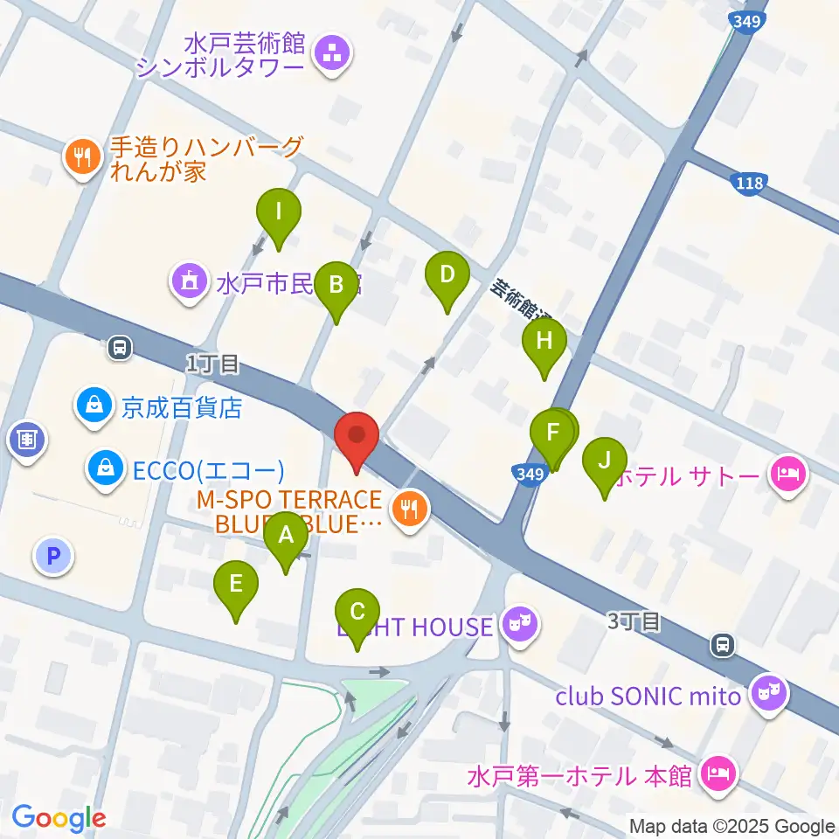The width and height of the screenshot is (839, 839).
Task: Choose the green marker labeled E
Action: [235, 585]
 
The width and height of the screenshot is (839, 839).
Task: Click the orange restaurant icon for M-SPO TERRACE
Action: [408, 506]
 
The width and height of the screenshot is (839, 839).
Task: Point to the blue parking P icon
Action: [53, 555]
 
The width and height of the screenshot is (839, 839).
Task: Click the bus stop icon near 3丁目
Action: [723, 645]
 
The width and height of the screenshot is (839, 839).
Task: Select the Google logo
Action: [59, 818]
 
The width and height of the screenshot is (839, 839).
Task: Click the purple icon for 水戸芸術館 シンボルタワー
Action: [332, 54]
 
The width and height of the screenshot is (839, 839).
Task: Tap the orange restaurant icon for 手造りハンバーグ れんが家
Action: [81, 158]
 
